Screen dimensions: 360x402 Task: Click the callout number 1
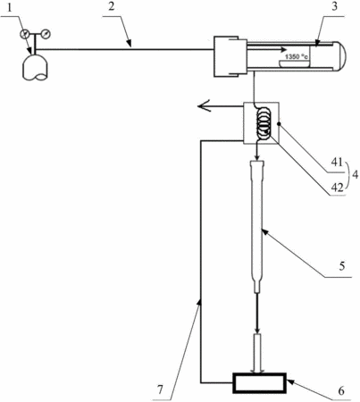[10, 8]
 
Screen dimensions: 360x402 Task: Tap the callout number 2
[111, 6]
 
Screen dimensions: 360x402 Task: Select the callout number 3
[335, 6]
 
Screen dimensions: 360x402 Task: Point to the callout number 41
[337, 163]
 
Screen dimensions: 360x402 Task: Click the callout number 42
[338, 188]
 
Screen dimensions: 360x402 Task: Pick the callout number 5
[341, 265]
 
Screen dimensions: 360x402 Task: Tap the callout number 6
[341, 390]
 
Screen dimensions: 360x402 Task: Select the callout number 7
[161, 389]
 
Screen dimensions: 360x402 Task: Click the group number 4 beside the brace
[355, 175]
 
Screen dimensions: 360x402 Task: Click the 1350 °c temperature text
[297, 56]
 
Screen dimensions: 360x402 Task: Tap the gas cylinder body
[36, 67]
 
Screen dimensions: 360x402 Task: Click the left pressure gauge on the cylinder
[24, 34]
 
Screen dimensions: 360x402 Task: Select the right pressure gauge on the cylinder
[46, 34]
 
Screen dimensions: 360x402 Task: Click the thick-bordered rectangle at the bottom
[259, 382]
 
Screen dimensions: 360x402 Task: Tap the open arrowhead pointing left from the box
[205, 106]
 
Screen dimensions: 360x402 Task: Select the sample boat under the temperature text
[294, 63]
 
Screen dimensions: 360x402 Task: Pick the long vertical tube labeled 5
[257, 226]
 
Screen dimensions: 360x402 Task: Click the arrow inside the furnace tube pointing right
[266, 49]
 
